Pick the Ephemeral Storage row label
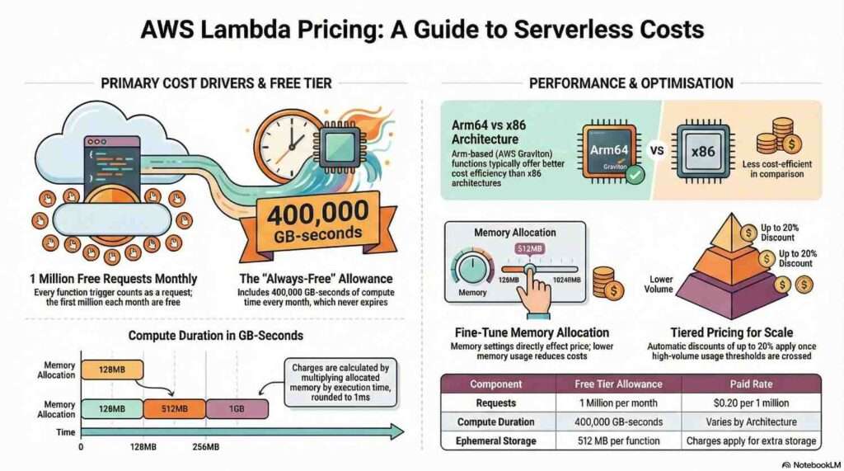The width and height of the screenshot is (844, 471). click(495, 440)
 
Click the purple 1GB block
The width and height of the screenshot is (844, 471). click(237, 409)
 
